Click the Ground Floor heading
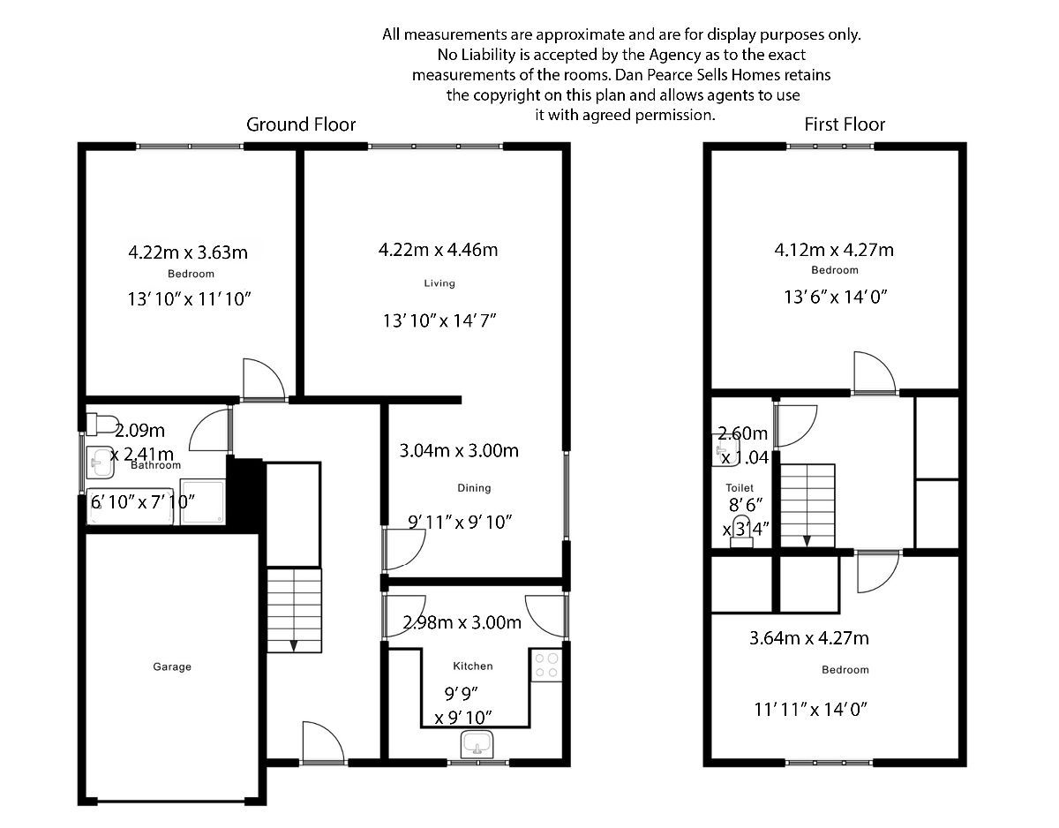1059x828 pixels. click(301, 124)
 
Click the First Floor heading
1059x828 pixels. click(845, 124)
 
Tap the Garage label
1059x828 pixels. click(172, 667)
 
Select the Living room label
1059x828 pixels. click(439, 283)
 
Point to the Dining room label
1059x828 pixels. click(474, 488)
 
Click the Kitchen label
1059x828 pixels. click(473, 666)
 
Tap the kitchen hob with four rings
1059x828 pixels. click(545, 666)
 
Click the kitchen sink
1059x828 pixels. click(478, 744)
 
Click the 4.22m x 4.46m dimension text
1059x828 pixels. click(438, 250)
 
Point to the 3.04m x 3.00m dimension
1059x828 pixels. click(459, 451)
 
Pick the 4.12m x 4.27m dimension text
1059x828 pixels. click(834, 250)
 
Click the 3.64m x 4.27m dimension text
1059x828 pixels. click(808, 638)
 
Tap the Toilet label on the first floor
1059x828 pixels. click(740, 487)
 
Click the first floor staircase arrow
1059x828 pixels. click(807, 537)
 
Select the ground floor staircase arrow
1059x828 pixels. click(294, 644)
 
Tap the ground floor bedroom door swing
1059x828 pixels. click(263, 380)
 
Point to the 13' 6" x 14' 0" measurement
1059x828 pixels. click(834, 297)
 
